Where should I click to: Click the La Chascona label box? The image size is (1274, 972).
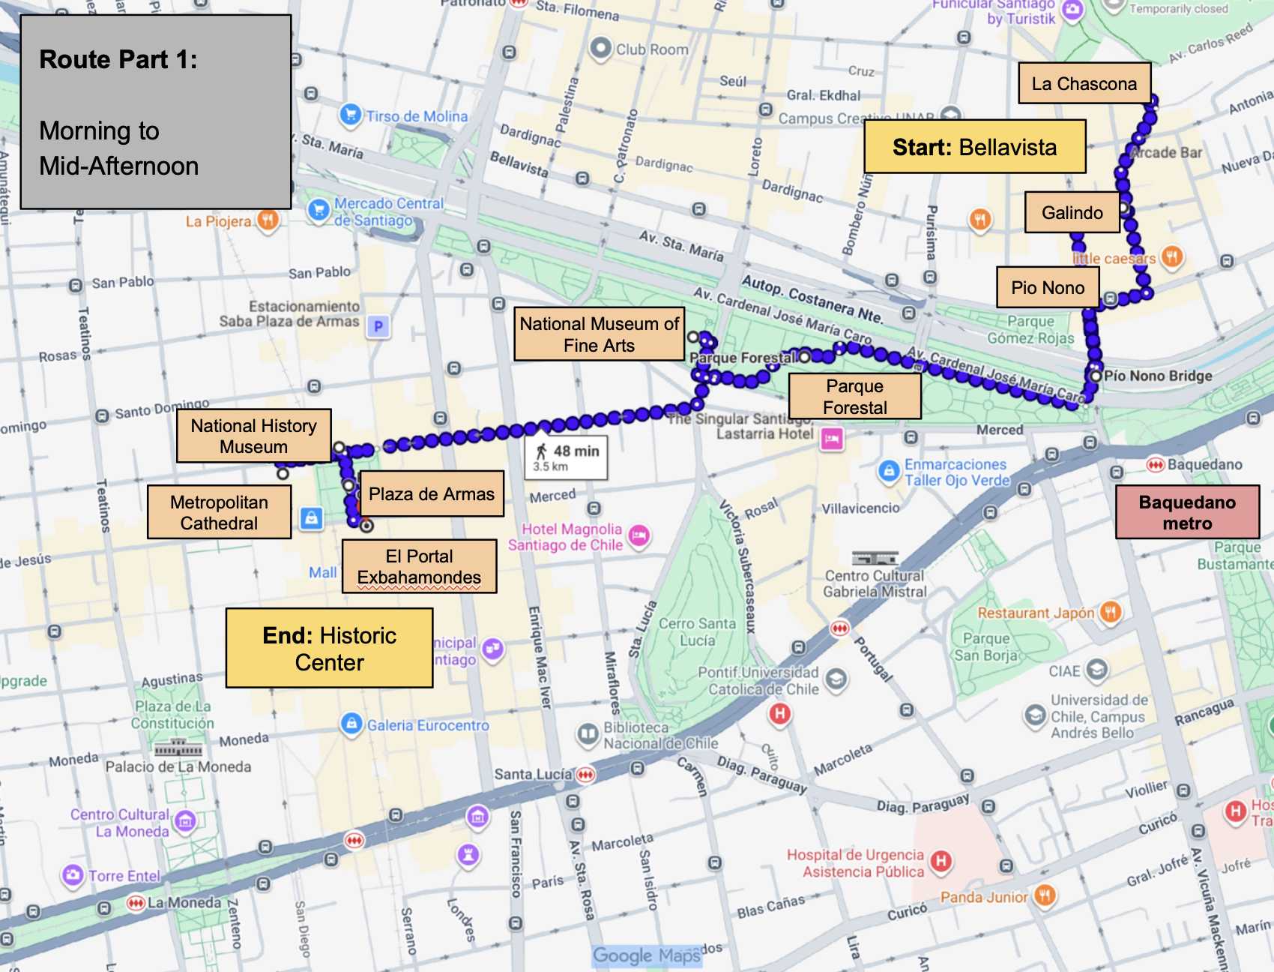point(1084,83)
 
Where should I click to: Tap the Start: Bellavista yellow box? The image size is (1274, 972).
point(974,147)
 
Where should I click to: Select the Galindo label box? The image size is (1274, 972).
point(1072,213)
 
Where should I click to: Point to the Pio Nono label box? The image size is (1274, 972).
point(1047,287)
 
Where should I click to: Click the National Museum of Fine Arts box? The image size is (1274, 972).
point(599,334)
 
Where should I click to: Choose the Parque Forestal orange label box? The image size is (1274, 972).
point(854,397)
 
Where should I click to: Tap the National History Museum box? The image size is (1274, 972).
point(253,436)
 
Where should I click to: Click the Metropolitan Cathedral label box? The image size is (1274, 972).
point(219,512)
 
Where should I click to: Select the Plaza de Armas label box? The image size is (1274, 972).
point(431,493)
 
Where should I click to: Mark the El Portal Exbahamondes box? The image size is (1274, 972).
point(419,566)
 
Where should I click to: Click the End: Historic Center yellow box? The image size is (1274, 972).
point(329,649)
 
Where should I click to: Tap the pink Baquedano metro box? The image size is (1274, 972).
point(1187,512)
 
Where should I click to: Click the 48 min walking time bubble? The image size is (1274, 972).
point(566,457)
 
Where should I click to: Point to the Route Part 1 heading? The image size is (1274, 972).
point(118,59)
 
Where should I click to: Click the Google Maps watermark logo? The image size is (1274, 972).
point(646,955)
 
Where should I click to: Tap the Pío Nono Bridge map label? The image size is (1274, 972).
point(1157,376)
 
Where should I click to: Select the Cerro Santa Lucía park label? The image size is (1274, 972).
point(697,631)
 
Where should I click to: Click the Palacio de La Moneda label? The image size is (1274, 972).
point(178,766)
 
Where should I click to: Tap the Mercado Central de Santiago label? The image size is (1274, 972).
point(388,211)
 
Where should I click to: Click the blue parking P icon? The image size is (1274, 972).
point(378,327)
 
